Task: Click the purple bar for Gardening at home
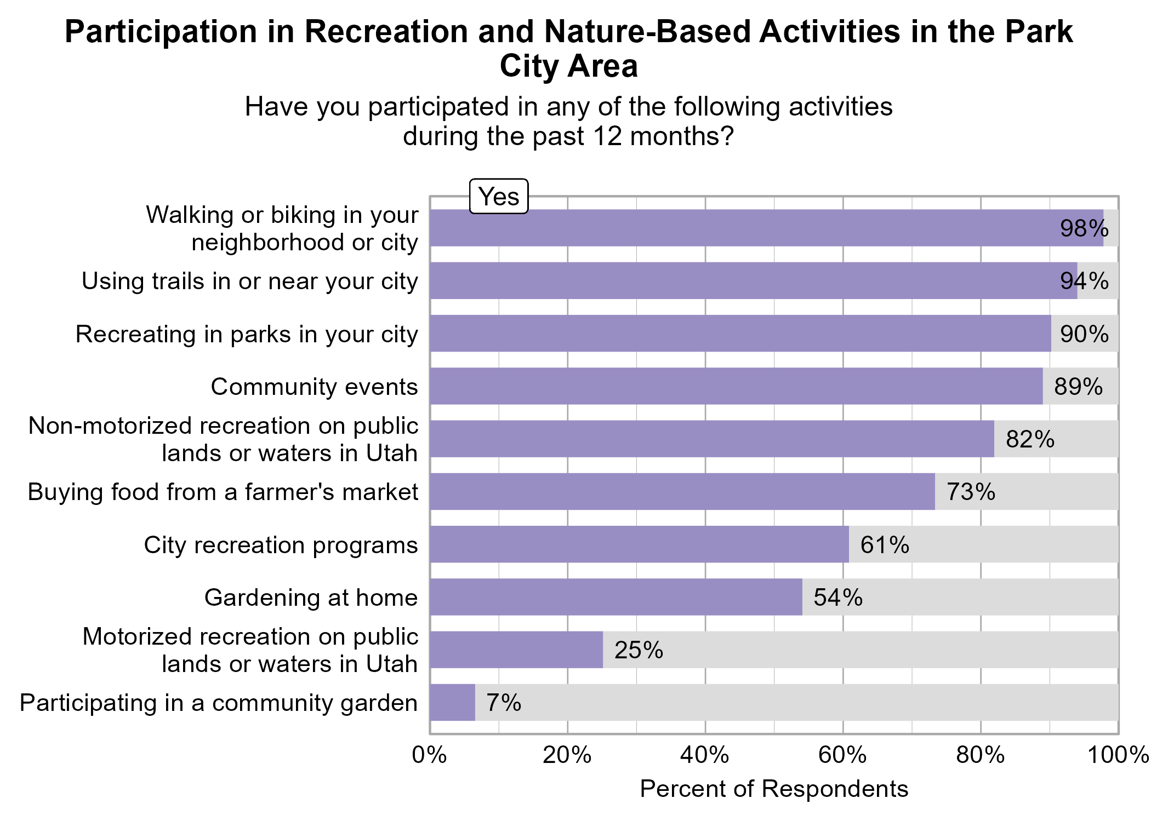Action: [x=616, y=597]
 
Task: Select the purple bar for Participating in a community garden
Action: [x=452, y=703]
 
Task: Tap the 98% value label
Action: [x=1084, y=228]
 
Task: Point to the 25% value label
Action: [x=639, y=650]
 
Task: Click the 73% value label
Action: [x=971, y=492]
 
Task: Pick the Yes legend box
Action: [x=499, y=196]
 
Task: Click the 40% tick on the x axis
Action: [x=705, y=756]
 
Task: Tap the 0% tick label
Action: [x=429, y=756]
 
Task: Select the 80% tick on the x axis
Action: [x=981, y=756]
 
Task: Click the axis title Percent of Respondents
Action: [x=774, y=789]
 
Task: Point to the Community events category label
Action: [x=314, y=387]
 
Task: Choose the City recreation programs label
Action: [x=281, y=545]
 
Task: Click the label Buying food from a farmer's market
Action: [x=223, y=492]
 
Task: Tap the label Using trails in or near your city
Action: [x=250, y=281]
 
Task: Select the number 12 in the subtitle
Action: [x=607, y=136]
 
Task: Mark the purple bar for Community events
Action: [x=736, y=386]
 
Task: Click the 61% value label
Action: [x=885, y=545]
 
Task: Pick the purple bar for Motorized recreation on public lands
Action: [x=516, y=650]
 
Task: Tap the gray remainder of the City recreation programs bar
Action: [x=1014, y=544]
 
